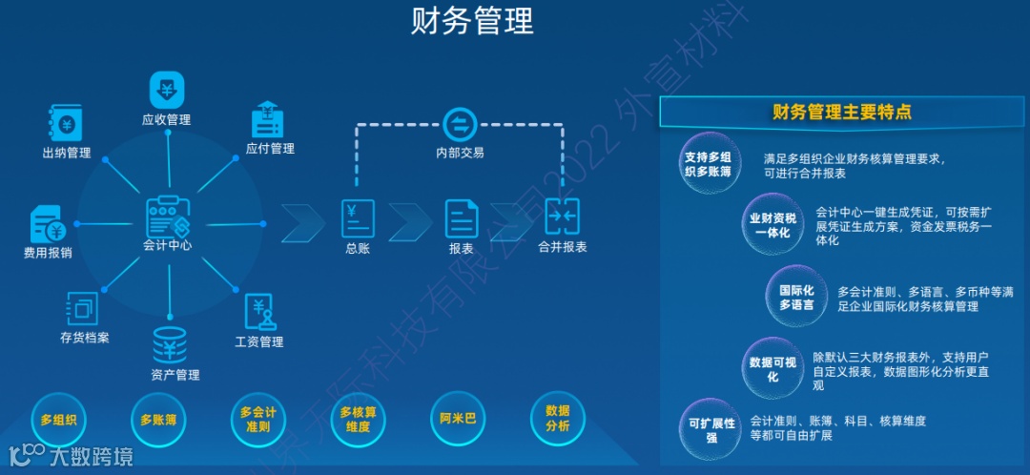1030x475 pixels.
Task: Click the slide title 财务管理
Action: (472, 21)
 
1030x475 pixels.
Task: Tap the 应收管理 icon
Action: (167, 90)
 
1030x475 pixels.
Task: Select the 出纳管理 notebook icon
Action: (66, 123)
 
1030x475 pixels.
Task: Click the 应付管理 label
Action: (270, 149)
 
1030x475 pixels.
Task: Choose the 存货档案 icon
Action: (83, 308)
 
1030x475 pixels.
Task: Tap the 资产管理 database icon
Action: (170, 345)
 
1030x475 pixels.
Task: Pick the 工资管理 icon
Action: (259, 312)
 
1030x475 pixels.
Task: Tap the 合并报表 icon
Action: (562, 217)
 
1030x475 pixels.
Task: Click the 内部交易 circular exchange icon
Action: (460, 124)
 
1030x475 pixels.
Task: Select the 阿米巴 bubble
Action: (458, 419)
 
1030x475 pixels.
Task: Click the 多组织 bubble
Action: (58, 419)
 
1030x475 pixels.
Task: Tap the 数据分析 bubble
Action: (558, 419)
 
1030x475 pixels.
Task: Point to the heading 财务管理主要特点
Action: (842, 113)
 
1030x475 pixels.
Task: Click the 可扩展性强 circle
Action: (711, 429)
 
